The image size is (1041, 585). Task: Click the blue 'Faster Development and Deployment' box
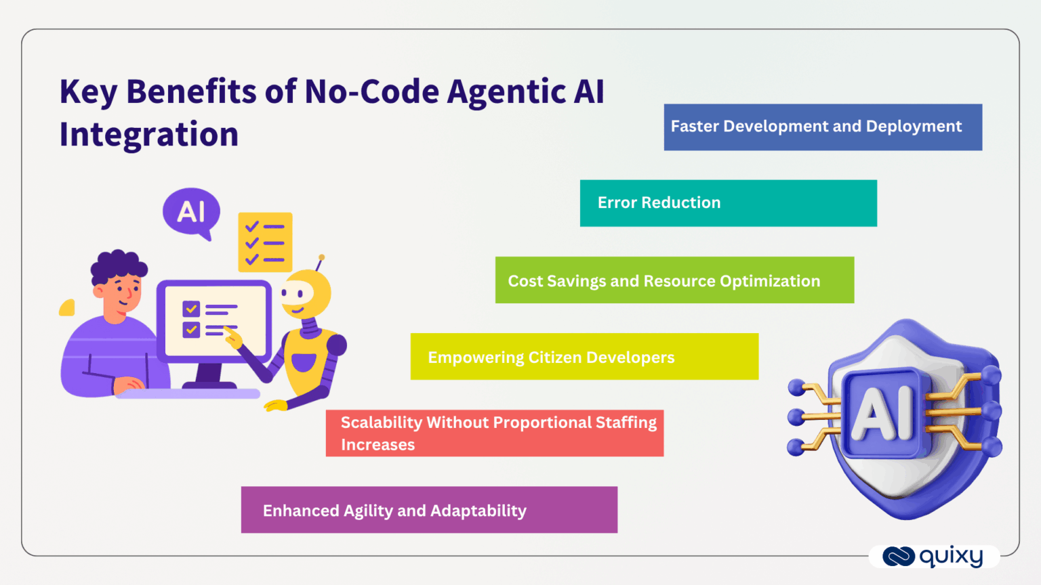(x=822, y=127)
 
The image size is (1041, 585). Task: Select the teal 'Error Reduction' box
(x=728, y=203)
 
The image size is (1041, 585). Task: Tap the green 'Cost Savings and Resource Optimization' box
(x=674, y=280)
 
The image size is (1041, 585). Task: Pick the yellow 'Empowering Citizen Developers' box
(x=584, y=357)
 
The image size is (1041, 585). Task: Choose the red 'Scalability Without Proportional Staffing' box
(x=494, y=433)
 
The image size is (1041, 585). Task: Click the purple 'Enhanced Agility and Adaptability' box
(x=428, y=510)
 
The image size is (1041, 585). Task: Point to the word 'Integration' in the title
(x=148, y=134)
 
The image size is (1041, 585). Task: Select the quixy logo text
(x=951, y=557)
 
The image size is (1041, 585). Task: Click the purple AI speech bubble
(x=191, y=212)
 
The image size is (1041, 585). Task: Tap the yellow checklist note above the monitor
(x=265, y=242)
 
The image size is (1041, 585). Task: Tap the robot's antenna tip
(x=321, y=258)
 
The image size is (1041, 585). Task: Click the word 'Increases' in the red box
(x=377, y=445)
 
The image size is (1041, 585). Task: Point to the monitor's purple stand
(x=209, y=374)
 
